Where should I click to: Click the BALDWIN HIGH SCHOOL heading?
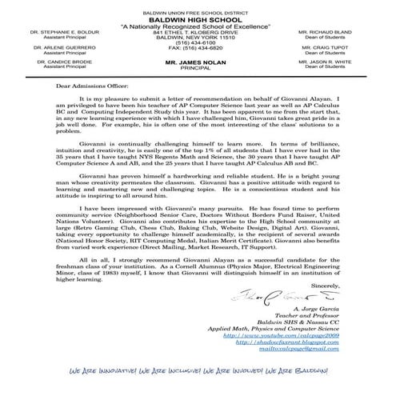tap(198, 16)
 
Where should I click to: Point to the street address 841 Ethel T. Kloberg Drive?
tap(198, 31)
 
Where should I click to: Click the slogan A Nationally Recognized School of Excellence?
tap(198, 24)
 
